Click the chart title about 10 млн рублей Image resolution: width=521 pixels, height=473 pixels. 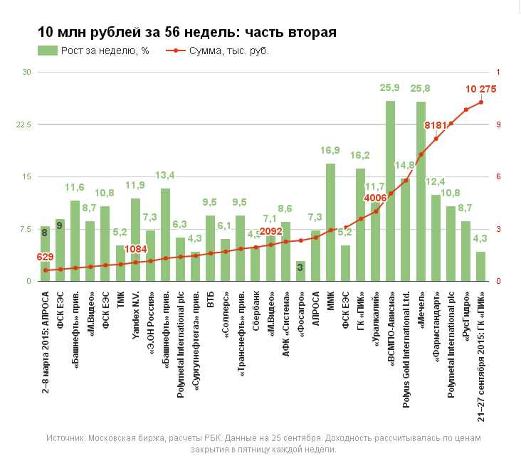click(x=187, y=33)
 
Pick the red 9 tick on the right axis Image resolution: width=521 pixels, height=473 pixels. click(x=499, y=124)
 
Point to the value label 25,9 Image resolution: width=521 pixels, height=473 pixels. click(x=390, y=87)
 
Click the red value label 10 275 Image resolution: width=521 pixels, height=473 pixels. click(x=480, y=89)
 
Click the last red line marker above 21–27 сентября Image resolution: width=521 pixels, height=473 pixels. click(x=481, y=102)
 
